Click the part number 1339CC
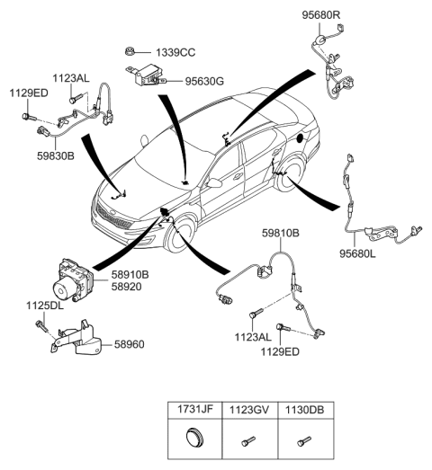[x=177, y=52]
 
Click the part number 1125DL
[x=44, y=306]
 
